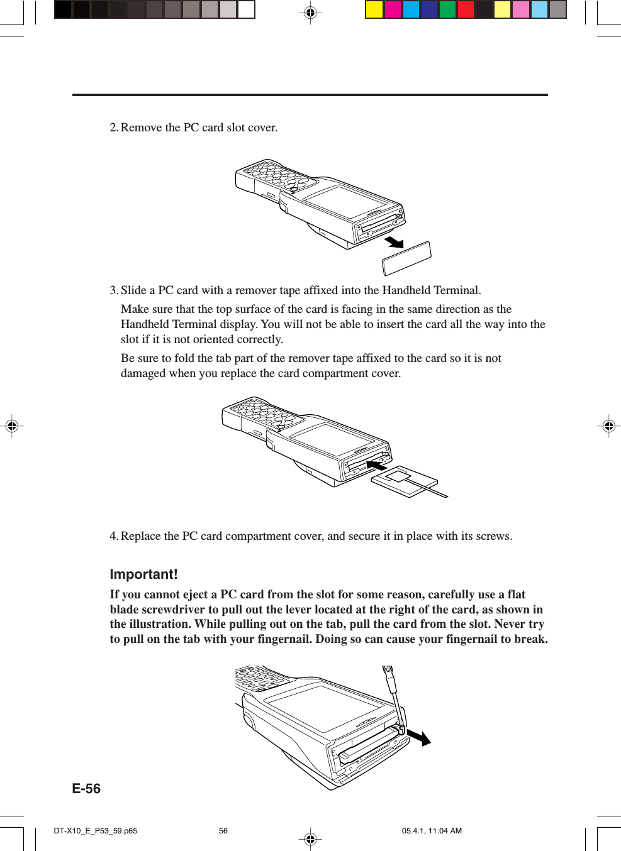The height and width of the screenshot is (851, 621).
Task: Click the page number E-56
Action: (x=86, y=789)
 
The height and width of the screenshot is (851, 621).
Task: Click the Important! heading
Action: (x=143, y=574)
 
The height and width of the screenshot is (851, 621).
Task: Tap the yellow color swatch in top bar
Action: (x=374, y=9)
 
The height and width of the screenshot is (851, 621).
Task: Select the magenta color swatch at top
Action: (x=393, y=9)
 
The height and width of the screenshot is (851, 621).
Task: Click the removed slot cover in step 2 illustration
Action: (x=407, y=258)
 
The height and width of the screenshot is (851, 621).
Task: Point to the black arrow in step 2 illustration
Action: (x=394, y=242)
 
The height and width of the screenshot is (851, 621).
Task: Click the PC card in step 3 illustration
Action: (x=403, y=481)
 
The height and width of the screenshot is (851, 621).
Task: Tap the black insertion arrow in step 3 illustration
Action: (x=377, y=465)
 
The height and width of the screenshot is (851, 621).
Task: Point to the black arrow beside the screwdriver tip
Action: (x=418, y=737)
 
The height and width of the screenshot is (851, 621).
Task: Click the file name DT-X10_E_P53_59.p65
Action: (x=95, y=831)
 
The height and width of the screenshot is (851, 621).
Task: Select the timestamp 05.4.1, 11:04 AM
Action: (x=432, y=831)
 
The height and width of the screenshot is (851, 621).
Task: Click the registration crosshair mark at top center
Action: (x=310, y=13)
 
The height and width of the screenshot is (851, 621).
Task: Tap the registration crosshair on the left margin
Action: (x=11, y=426)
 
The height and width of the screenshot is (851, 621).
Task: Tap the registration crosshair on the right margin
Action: (x=608, y=426)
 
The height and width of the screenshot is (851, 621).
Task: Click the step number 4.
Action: (x=113, y=536)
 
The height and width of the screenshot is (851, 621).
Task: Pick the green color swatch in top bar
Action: (x=447, y=9)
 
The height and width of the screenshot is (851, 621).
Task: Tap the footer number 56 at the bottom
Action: (x=223, y=831)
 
